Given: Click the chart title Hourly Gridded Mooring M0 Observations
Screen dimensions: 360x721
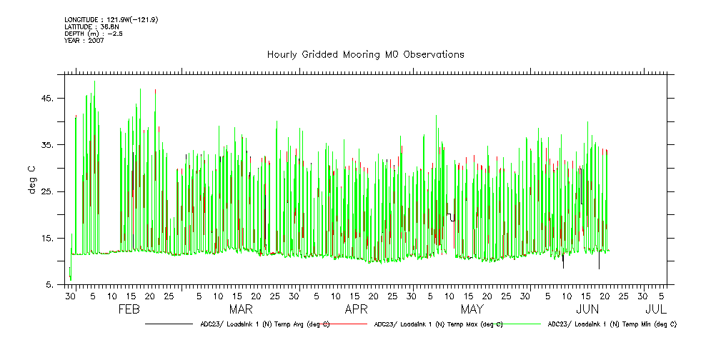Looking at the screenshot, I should (x=365, y=54).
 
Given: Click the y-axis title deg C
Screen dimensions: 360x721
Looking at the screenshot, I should (x=32, y=179).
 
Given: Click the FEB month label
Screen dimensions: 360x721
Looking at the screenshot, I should (x=129, y=310).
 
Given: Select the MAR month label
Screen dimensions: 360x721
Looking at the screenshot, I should (x=240, y=310).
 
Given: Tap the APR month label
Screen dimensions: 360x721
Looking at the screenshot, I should (x=356, y=310).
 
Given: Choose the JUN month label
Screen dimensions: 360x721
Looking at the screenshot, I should (x=587, y=310).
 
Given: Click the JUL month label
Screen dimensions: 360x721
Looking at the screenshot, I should (x=656, y=310).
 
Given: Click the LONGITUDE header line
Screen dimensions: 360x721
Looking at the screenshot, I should (x=111, y=19).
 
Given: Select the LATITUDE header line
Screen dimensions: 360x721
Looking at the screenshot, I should (x=91, y=26).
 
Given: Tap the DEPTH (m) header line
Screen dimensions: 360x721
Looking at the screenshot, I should (x=93, y=34).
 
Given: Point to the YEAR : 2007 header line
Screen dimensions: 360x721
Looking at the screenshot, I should (x=84, y=41).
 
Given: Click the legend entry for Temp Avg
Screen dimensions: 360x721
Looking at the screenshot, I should (x=264, y=324).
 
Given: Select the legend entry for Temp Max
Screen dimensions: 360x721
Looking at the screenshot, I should (x=438, y=324).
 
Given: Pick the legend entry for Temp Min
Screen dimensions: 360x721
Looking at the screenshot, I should (x=612, y=324).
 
